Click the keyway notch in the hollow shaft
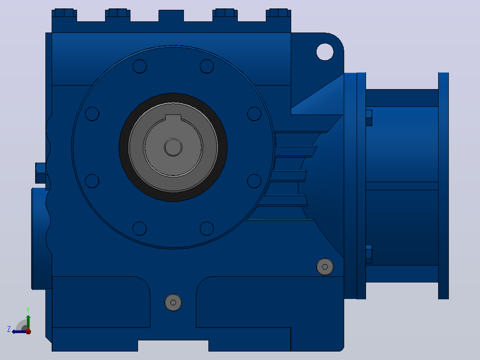click(x=173, y=118)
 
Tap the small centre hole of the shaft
click(x=173, y=147)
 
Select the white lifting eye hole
click(x=325, y=52)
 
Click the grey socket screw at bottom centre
click(x=173, y=303)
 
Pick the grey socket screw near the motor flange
click(x=325, y=266)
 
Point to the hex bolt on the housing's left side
click(x=41, y=173)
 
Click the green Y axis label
click(x=28, y=310)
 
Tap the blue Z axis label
click(x=9, y=329)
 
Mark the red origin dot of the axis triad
click(x=28, y=331)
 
